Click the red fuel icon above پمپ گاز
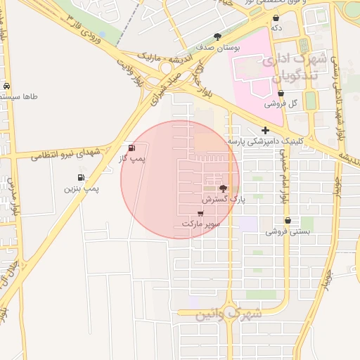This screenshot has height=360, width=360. tap(131, 148)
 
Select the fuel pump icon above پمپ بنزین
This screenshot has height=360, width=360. tap(82, 177)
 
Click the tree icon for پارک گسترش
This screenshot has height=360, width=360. tap(224, 188)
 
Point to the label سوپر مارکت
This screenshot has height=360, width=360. tap(201, 224)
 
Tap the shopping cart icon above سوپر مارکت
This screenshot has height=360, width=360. tap(201, 213)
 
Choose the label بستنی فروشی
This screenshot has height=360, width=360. tap(288, 231)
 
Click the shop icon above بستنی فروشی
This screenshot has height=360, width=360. tap(288, 221)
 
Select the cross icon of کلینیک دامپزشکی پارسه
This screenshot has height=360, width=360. tap(265, 130)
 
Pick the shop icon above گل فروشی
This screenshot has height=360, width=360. tap(281, 93)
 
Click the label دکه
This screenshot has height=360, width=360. tap(276, 28)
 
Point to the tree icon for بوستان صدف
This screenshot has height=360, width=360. tap(217, 37)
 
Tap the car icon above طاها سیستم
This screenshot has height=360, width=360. tap(7, 86)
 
